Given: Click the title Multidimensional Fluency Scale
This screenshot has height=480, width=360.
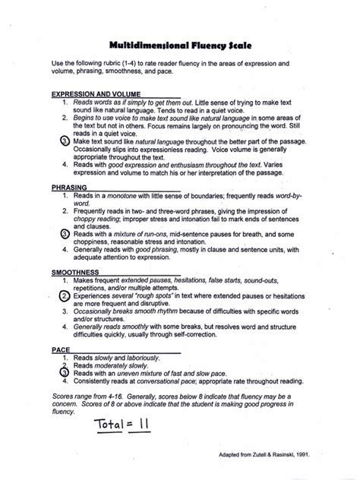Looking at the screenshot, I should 179,45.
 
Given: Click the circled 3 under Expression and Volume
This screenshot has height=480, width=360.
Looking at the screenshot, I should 66,142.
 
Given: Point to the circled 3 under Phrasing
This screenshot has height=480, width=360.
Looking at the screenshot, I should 66,235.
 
